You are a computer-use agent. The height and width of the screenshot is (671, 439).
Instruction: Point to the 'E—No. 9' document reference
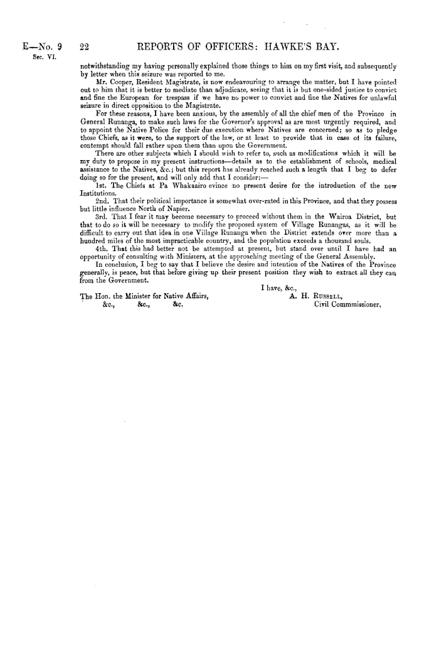[x=41, y=45]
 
